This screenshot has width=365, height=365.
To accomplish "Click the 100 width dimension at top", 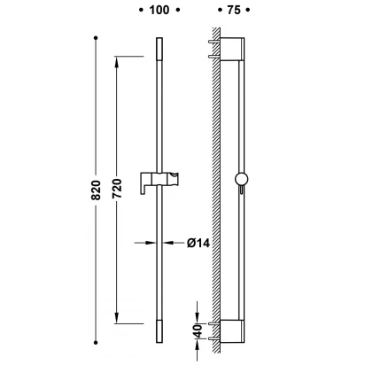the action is click(x=159, y=10).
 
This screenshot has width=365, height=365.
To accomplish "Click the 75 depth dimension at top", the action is click(x=234, y=10).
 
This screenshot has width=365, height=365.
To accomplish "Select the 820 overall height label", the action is click(x=96, y=190).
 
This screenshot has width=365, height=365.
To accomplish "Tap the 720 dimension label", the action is click(x=117, y=189).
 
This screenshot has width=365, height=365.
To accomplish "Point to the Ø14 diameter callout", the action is click(x=198, y=243).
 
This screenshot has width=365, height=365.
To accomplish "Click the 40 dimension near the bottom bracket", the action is click(x=198, y=330).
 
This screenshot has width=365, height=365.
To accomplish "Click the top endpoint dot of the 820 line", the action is click(x=96, y=38).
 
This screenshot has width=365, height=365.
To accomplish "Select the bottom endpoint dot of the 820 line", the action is click(x=96, y=343).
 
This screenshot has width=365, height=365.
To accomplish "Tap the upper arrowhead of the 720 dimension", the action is click(x=117, y=63).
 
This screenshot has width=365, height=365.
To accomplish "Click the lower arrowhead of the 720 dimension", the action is click(x=117, y=317).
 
